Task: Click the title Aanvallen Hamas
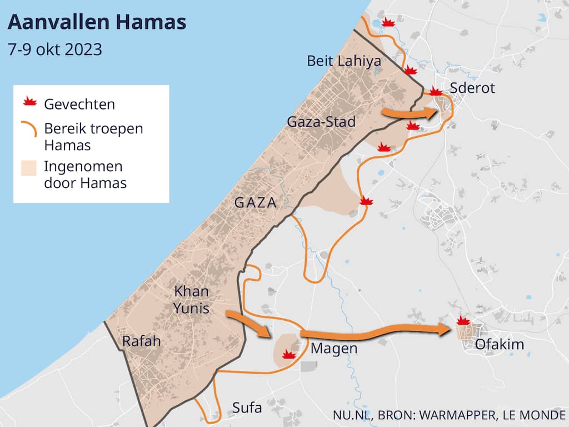tap(97, 23)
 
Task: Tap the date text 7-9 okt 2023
tap(55, 49)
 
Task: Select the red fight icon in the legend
tap(29, 102)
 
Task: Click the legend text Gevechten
tap(79, 104)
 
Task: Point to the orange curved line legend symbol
tap(29, 129)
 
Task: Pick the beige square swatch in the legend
tap(29, 168)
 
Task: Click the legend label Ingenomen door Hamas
tap(85, 175)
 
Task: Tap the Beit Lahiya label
tap(344, 61)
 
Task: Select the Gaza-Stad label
tap(321, 121)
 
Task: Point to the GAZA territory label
tap(255, 203)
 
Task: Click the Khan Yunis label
tap(191, 299)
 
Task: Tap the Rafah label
tap(141, 341)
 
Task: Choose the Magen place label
tap(333, 349)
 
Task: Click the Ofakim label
tap(499, 345)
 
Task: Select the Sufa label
tap(247, 408)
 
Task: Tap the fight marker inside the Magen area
tap(288, 354)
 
